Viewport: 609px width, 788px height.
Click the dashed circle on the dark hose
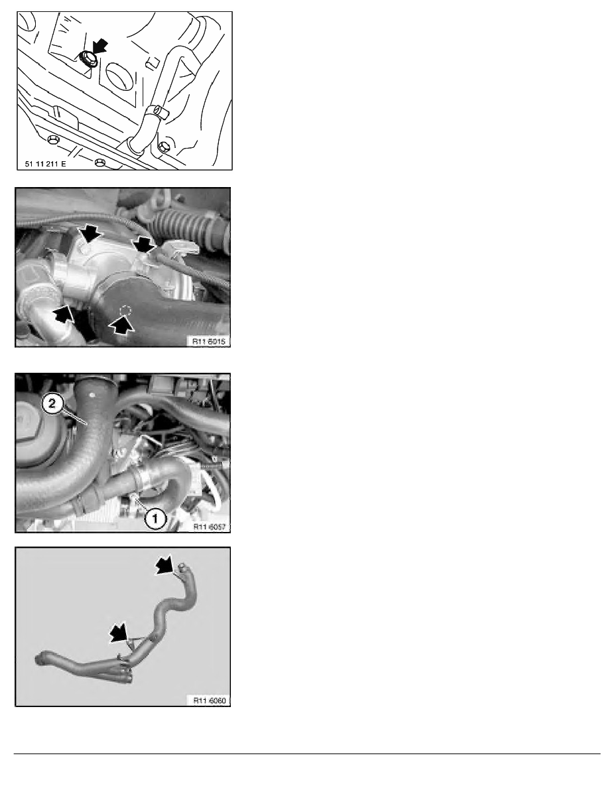(124, 310)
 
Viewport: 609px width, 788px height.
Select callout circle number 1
(155, 520)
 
